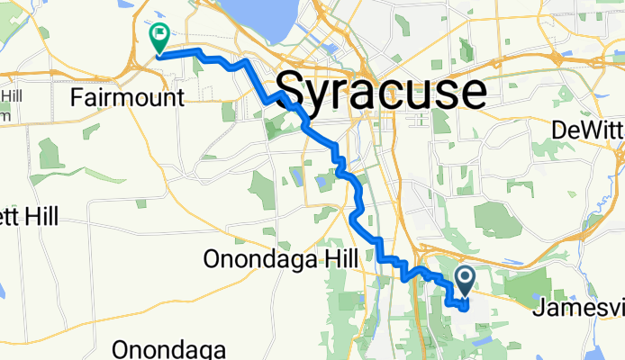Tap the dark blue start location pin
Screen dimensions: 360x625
pos(466,280)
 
